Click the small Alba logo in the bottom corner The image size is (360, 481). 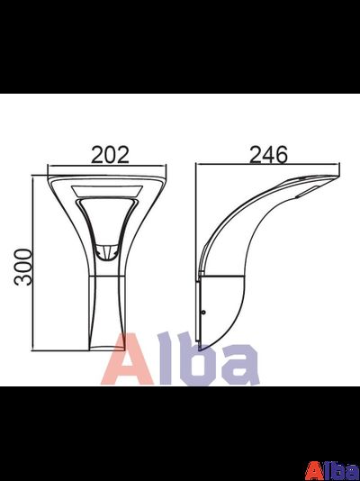tap(332, 470)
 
